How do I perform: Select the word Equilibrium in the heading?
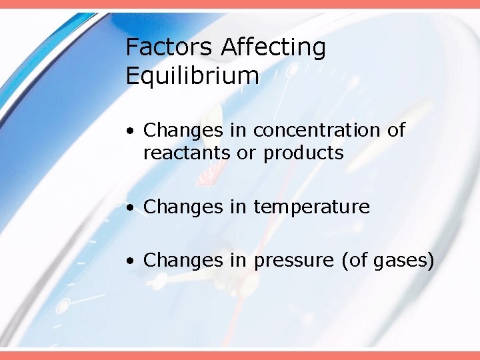pyautogui.click(x=192, y=77)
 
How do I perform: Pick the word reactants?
pyautogui.click(x=187, y=153)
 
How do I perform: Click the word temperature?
pyautogui.click(x=311, y=207)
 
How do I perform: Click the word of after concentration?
pyautogui.click(x=396, y=130)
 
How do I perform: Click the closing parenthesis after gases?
pyautogui.click(x=431, y=260)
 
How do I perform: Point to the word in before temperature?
pyautogui.click(x=238, y=207)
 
